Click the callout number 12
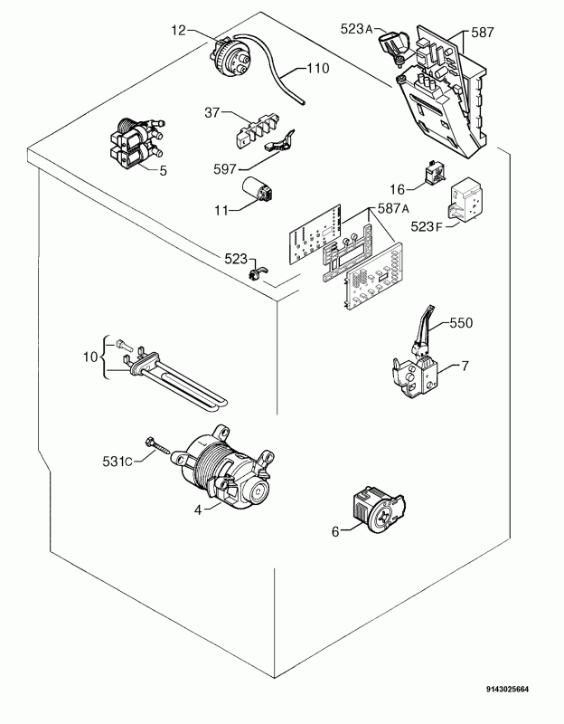[177, 30]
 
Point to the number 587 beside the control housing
[483, 32]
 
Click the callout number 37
[211, 112]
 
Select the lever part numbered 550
[421, 329]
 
